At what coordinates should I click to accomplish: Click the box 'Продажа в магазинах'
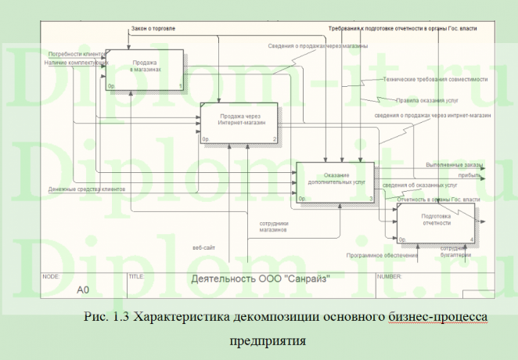tap(145, 69)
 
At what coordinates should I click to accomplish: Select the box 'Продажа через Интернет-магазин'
tap(239, 122)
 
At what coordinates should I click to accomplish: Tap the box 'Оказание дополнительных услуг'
tap(336, 182)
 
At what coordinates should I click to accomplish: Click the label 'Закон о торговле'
tap(153, 28)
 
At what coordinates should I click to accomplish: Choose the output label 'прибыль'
tap(469, 176)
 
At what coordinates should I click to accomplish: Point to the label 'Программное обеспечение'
tap(383, 254)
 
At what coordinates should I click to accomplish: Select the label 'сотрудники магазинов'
tap(275, 227)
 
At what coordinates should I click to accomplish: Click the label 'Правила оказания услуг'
tap(430, 101)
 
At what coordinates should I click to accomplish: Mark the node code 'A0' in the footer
tap(84, 290)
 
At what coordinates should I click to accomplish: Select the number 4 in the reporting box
tap(471, 239)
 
